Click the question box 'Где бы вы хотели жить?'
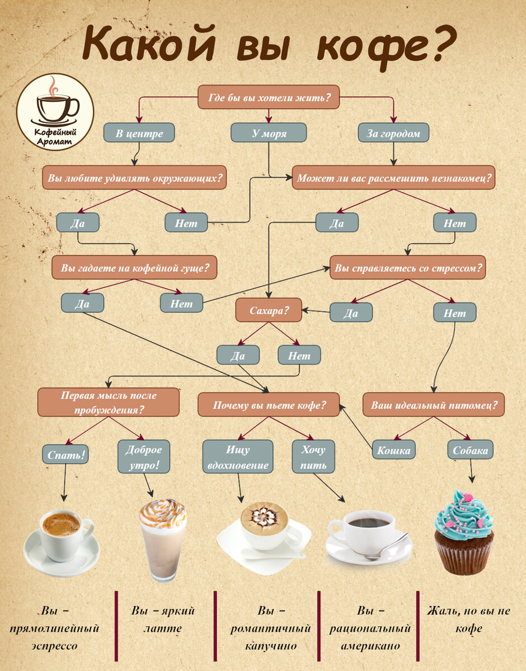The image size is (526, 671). pyautogui.click(x=269, y=97)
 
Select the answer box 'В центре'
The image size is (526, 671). pyautogui.click(x=139, y=133)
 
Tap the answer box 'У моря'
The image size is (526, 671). pyautogui.click(x=269, y=133)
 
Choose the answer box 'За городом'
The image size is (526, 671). pyautogui.click(x=393, y=133)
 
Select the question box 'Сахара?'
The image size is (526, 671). pyautogui.click(x=269, y=310)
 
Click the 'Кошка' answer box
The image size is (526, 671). pyautogui.click(x=394, y=450)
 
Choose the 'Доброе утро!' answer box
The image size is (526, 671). pyautogui.click(x=144, y=456)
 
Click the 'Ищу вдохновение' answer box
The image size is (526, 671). pyautogui.click(x=238, y=456)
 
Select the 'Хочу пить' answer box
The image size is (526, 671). pyautogui.click(x=313, y=456)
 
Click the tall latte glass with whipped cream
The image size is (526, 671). pyautogui.click(x=163, y=540)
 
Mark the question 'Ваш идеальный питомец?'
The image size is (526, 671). pyautogui.click(x=434, y=404)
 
